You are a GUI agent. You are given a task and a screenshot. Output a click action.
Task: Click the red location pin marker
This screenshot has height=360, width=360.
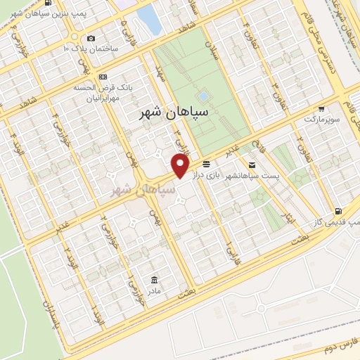point(180,166)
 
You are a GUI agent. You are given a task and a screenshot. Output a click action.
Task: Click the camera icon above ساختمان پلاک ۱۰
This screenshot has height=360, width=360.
point(90,38)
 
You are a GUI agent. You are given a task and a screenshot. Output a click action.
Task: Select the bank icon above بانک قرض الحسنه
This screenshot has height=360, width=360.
point(103,76)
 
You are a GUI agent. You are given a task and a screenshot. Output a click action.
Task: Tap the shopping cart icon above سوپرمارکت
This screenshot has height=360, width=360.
point(321,109)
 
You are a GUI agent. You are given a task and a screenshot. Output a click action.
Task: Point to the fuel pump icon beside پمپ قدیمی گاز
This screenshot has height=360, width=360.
point(339,210)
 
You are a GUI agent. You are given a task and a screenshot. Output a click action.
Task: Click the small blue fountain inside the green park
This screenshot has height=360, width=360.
point(203,96)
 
